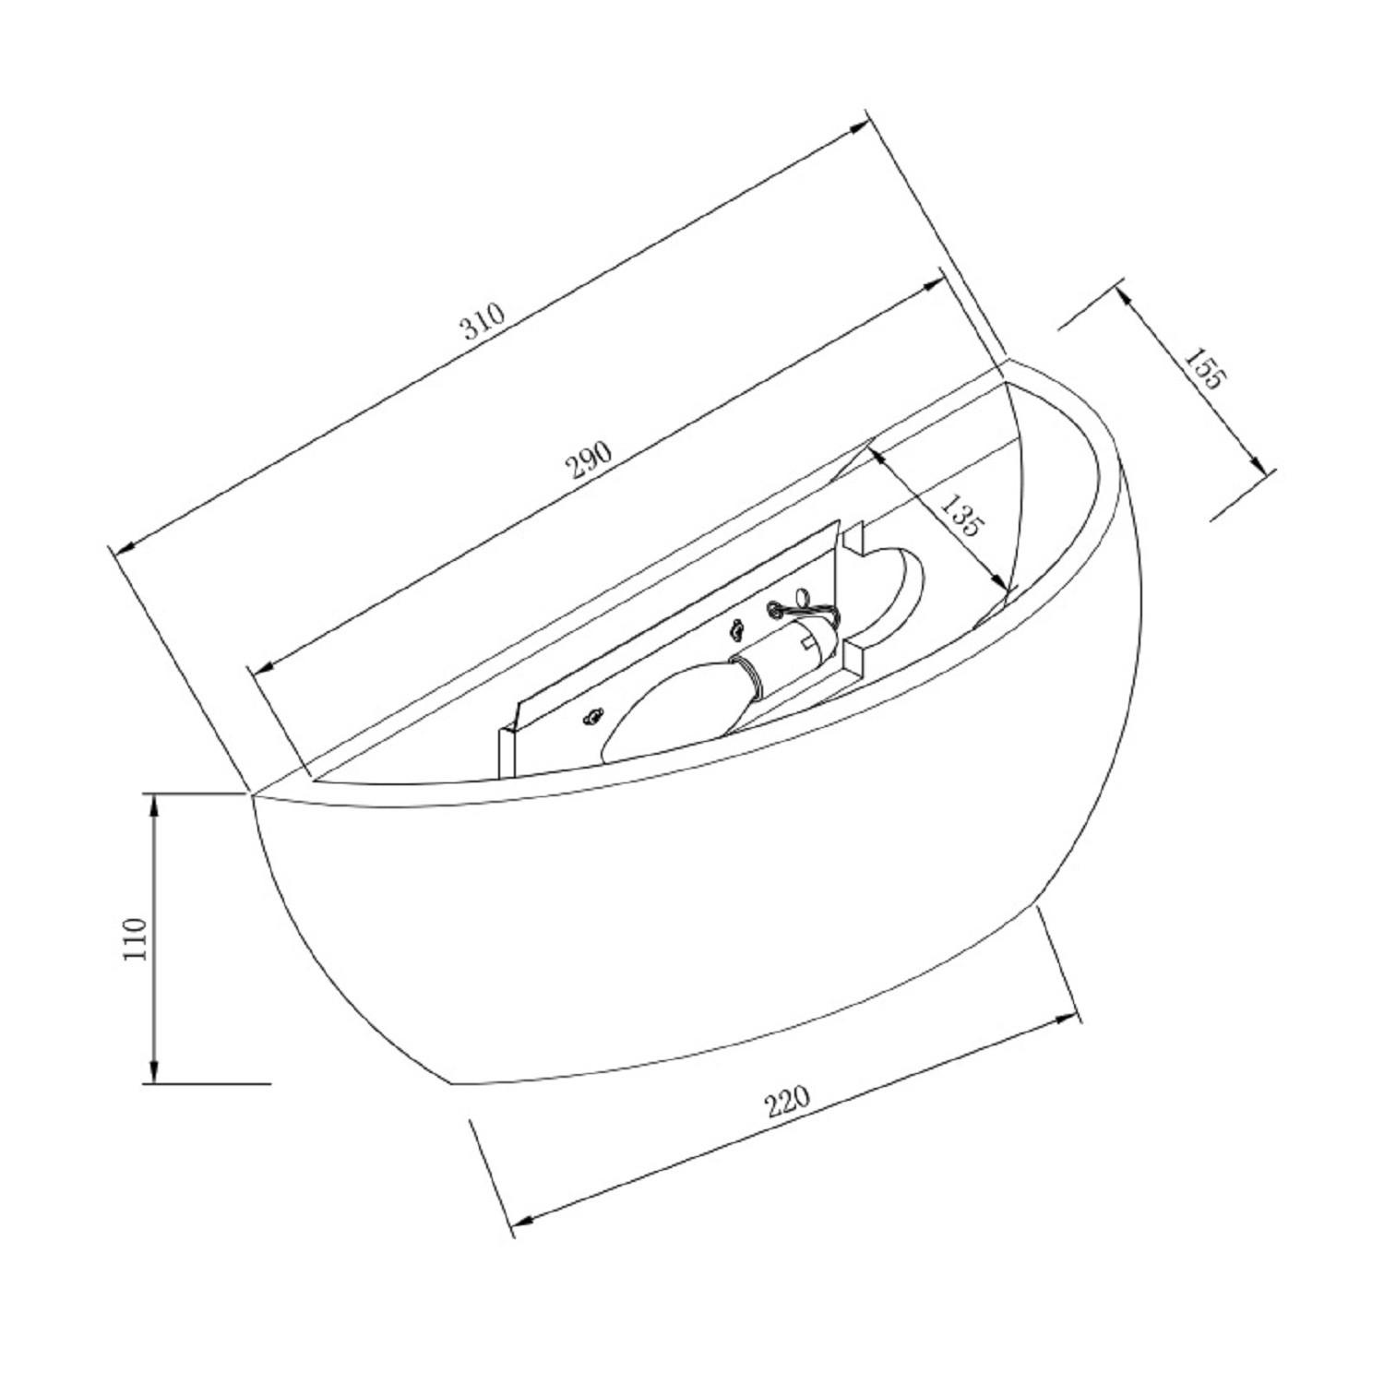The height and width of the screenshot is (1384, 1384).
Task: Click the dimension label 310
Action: (x=484, y=321)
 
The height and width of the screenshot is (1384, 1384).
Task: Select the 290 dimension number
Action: (x=591, y=459)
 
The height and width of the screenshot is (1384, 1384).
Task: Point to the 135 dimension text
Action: (x=960, y=516)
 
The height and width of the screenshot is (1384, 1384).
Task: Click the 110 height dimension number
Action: (x=135, y=938)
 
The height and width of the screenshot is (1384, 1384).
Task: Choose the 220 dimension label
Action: (x=787, y=1100)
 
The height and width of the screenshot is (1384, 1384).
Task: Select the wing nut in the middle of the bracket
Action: (x=735, y=630)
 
